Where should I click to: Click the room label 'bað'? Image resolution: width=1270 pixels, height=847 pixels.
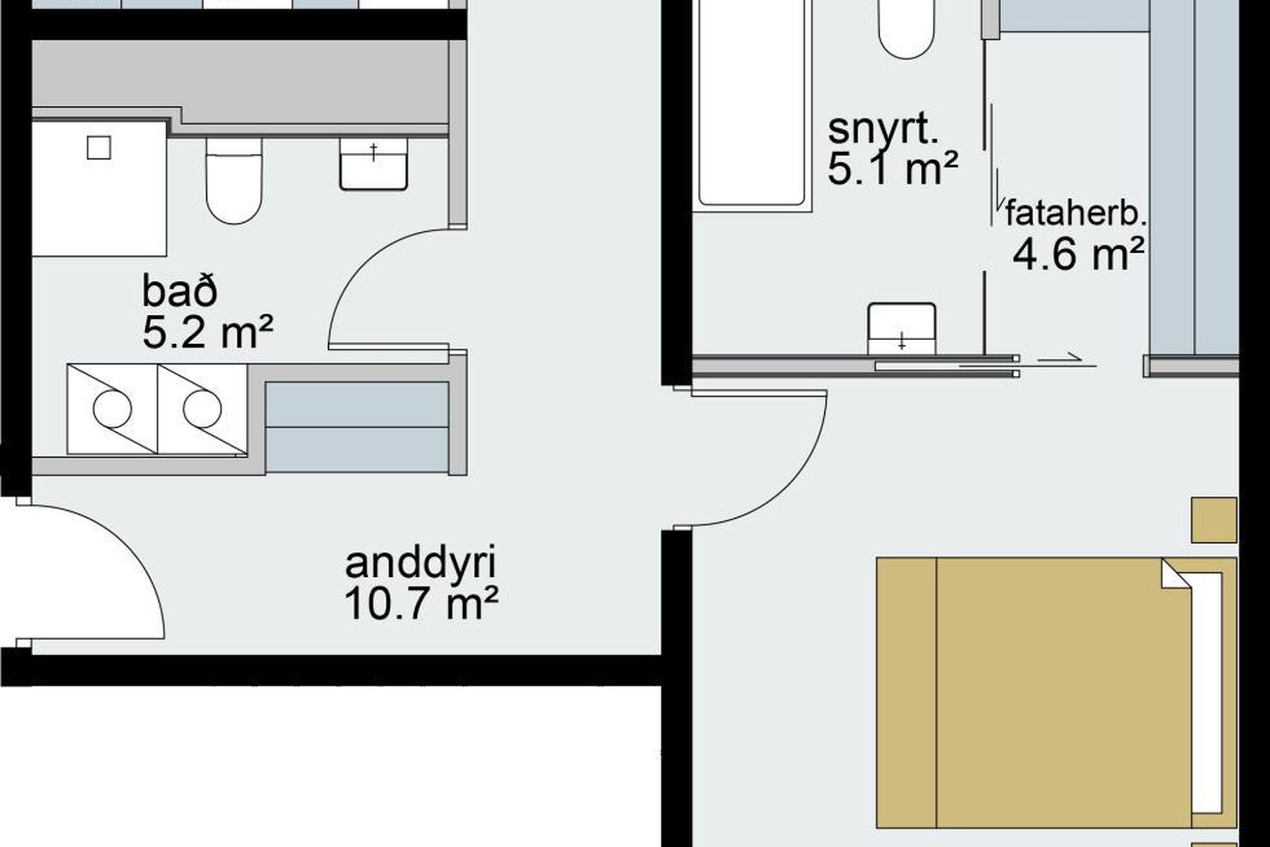click(x=179, y=292)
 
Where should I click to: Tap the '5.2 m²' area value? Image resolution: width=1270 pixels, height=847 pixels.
click(x=208, y=333)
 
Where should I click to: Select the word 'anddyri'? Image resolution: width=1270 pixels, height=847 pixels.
click(x=421, y=563)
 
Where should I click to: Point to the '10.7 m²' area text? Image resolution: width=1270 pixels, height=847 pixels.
click(x=421, y=603)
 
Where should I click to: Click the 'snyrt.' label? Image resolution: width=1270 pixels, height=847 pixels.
click(x=883, y=130)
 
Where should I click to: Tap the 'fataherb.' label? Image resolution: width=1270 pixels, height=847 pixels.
click(x=1075, y=214)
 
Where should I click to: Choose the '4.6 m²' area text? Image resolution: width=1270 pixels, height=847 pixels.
click(x=1078, y=254)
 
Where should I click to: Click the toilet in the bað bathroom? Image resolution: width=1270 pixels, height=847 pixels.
click(x=233, y=180)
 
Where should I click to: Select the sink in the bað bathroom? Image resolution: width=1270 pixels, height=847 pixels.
click(x=373, y=164)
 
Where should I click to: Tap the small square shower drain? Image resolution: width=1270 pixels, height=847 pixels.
click(x=99, y=148)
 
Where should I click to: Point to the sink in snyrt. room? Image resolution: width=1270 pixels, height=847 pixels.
click(x=902, y=329)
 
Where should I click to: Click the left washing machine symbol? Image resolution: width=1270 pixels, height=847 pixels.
click(x=112, y=409)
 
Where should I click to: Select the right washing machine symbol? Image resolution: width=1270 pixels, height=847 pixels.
click(x=202, y=409)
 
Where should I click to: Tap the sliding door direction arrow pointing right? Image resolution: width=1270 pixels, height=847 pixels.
click(x=1060, y=361)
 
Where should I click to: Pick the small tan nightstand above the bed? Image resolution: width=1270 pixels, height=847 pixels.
click(x=1214, y=520)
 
